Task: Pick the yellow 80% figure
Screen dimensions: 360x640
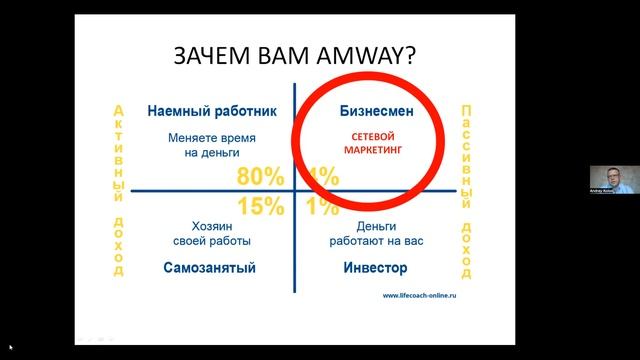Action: [261, 177]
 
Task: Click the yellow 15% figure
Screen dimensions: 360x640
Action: [261, 206]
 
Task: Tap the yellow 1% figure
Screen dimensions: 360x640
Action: [323, 206]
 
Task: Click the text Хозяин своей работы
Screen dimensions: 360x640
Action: [208, 233]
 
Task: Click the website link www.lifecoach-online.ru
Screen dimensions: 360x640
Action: [426, 295]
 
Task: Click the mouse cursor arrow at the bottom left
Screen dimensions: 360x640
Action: [11, 347]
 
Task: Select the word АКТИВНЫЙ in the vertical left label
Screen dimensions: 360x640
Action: [119, 149]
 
